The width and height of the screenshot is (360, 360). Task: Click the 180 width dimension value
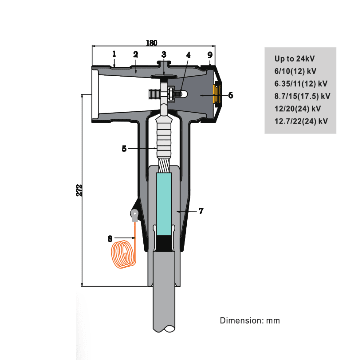pyautogui.click(x=152, y=43)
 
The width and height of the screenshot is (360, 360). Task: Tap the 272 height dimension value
pyautogui.click(x=79, y=190)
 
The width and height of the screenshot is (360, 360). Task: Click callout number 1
pyautogui.click(x=114, y=54)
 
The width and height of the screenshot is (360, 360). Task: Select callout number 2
pyautogui.click(x=136, y=54)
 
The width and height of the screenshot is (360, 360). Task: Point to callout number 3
pyautogui.click(x=164, y=54)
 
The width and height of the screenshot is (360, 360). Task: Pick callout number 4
pyautogui.click(x=188, y=55)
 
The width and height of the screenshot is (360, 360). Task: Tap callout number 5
pyautogui.click(x=124, y=149)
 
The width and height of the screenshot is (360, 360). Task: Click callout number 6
pyautogui.click(x=230, y=95)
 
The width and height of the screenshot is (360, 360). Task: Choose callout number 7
pyautogui.click(x=201, y=211)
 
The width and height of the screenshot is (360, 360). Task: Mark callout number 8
pyautogui.click(x=110, y=238)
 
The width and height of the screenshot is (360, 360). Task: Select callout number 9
pyautogui.click(x=210, y=55)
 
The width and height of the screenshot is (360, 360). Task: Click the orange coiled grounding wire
pyautogui.click(x=123, y=255)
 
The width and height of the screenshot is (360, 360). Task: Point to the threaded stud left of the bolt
pyautogui.click(x=154, y=94)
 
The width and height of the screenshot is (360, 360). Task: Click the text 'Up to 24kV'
pyautogui.click(x=294, y=59)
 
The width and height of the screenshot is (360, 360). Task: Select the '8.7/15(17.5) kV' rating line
pyautogui.click(x=302, y=96)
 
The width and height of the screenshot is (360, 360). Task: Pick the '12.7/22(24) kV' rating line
pyautogui.click(x=301, y=121)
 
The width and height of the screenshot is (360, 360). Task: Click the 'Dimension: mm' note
pyautogui.click(x=250, y=321)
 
